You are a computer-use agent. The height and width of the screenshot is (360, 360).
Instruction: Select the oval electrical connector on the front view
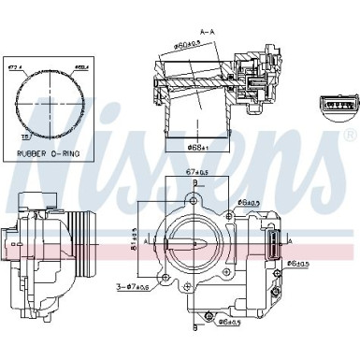click(266, 247)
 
